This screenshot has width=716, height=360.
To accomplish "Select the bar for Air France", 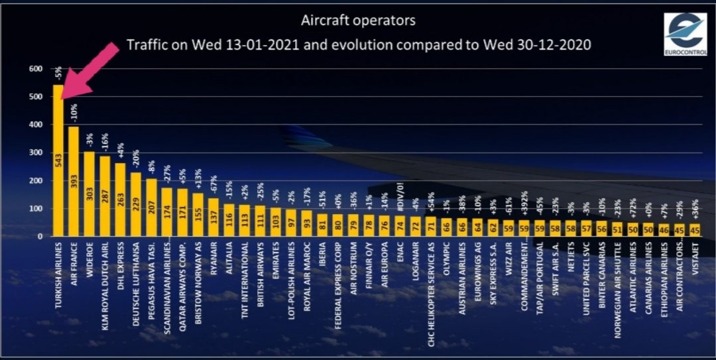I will click(74, 182).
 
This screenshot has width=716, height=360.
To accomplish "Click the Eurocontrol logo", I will click(686, 33).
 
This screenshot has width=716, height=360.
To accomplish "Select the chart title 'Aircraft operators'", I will click(358, 21).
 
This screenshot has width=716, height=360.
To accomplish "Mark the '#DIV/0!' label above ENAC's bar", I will click(400, 196).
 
